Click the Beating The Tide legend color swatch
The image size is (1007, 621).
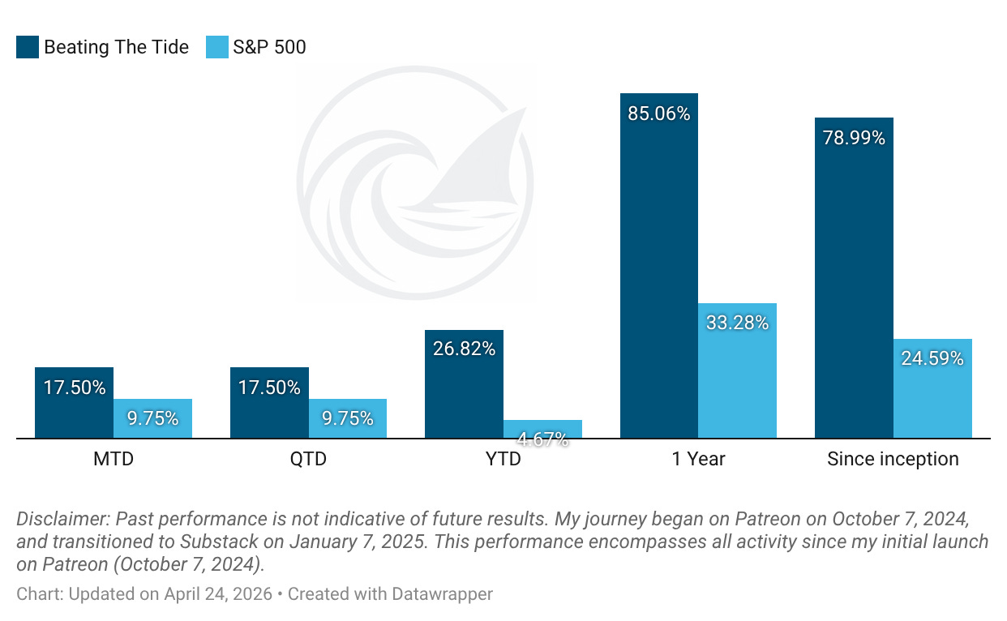coord(28,48)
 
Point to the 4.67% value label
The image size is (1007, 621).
coord(542,439)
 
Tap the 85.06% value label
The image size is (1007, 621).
coord(659,113)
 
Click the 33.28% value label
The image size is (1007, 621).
coord(737,323)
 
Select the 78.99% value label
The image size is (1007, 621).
coord(854,138)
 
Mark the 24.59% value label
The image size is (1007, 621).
coord(932,358)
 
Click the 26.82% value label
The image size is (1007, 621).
coord(464,349)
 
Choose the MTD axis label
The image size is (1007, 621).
coord(114,460)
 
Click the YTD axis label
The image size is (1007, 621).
coord(504,460)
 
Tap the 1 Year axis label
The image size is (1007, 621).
coord(698,460)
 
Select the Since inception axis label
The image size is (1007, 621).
coord(893,460)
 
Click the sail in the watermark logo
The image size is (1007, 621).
coord(478,162)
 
